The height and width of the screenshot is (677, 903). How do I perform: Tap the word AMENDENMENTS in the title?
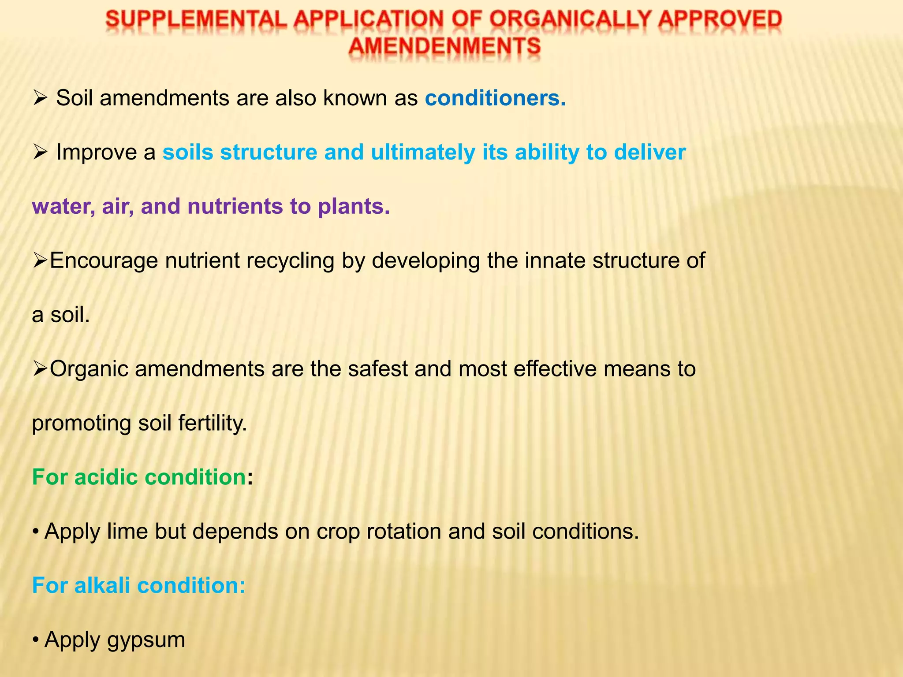pyautogui.click(x=444, y=46)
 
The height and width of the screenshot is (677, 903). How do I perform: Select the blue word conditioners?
pyautogui.click(x=495, y=98)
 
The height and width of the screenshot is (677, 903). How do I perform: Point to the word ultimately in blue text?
pyautogui.click(x=423, y=152)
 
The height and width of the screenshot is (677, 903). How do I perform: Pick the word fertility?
pyautogui.click(x=213, y=424)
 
